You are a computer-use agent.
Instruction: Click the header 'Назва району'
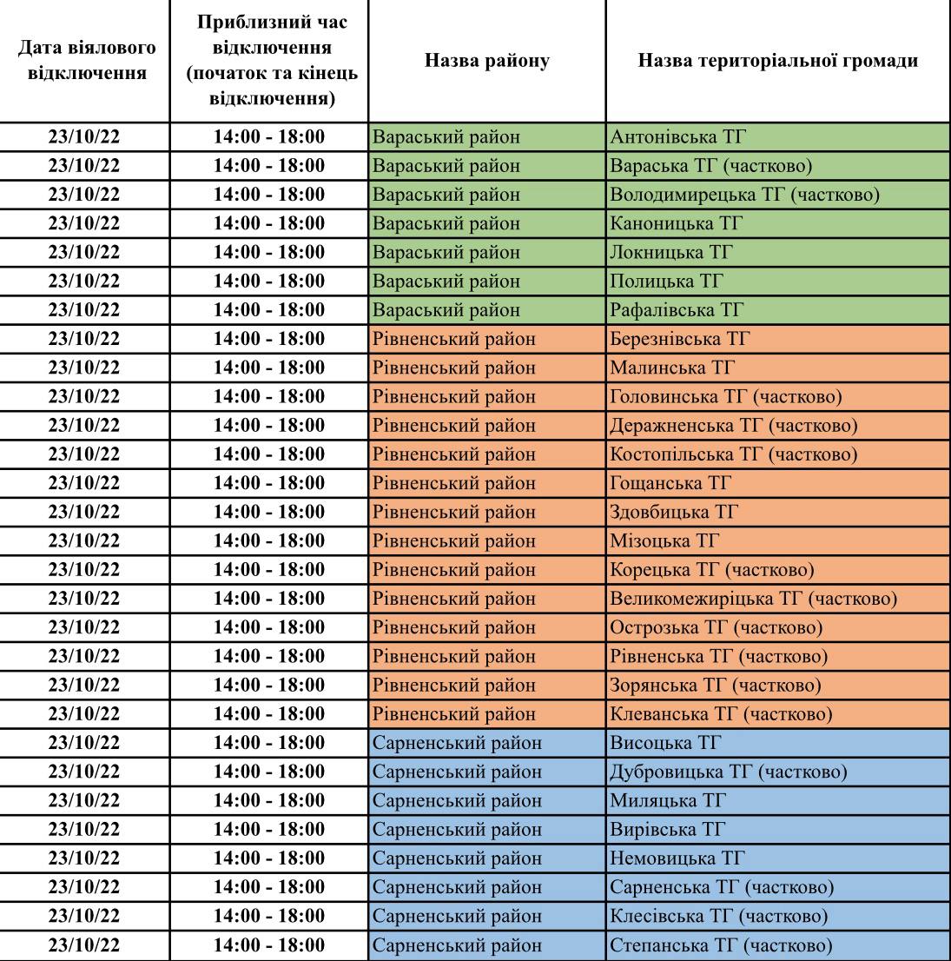(x=486, y=62)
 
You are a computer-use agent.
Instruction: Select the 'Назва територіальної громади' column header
(x=777, y=62)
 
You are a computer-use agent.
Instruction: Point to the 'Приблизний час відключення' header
(x=269, y=62)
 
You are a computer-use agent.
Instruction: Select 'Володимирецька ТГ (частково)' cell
(x=745, y=195)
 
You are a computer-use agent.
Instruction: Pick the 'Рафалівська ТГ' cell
(x=677, y=310)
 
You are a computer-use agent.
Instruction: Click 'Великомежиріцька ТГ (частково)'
(x=753, y=599)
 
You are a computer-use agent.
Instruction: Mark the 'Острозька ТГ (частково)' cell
(x=717, y=627)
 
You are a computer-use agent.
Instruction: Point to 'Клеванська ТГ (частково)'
(x=721, y=714)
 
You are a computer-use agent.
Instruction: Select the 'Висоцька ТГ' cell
(x=666, y=743)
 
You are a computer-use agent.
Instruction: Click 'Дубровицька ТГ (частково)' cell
(x=728, y=772)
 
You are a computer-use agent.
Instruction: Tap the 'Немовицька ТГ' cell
(x=677, y=858)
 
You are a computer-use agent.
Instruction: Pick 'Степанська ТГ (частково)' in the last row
(x=721, y=945)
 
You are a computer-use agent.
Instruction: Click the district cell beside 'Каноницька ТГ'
(x=446, y=223)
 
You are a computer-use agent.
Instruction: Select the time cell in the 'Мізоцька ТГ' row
(x=269, y=541)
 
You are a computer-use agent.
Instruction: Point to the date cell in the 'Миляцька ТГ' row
(x=85, y=800)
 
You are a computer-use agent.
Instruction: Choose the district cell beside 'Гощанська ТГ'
(x=453, y=483)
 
